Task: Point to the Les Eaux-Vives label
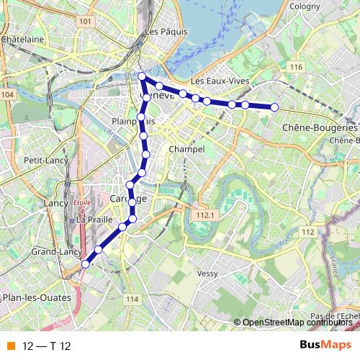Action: [x=220, y=81]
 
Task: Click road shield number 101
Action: [x=86, y=22]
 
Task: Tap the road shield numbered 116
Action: [x=294, y=67]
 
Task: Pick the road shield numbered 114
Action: [x=131, y=299]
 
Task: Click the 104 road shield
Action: [x=7, y=94]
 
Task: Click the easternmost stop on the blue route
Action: [x=274, y=107]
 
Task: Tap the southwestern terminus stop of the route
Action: [x=85, y=264]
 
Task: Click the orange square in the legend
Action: [x=9, y=344]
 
